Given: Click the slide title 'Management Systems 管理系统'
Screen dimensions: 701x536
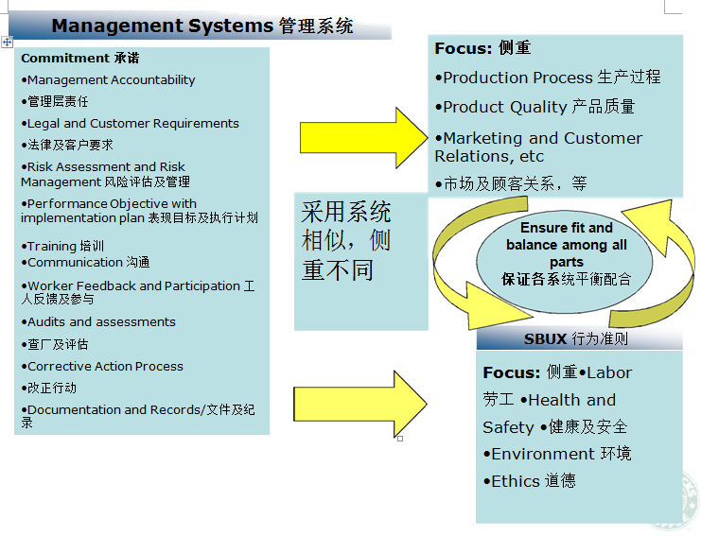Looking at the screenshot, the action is coord(202,26).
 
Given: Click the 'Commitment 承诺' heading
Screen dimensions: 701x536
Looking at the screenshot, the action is coord(80,58).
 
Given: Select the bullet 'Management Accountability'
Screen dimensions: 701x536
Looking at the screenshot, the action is coord(108,80).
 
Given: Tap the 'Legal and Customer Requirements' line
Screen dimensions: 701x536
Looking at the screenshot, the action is coord(131,123).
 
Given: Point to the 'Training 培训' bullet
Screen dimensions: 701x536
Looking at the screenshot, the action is coord(62,246).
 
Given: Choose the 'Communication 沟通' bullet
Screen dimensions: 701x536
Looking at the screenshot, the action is coord(85,262).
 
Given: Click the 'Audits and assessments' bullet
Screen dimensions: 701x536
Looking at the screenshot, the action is coord(98,322).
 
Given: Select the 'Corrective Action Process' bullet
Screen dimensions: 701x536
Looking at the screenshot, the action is coord(102,366).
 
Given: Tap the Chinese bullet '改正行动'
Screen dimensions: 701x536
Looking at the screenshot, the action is coord(49,388).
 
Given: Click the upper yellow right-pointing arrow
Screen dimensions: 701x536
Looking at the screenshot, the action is coord(363,138).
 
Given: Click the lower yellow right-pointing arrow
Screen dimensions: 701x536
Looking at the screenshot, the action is coord(359,404).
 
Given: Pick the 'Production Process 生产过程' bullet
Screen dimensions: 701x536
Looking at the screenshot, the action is coord(548,78).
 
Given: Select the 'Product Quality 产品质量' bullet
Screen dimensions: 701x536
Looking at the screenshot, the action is coord(535,107).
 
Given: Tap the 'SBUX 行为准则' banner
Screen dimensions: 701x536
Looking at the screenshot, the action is coord(579,339).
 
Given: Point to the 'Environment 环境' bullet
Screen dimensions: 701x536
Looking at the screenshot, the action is coord(557,454).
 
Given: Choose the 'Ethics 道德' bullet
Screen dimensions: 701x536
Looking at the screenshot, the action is coord(530,481).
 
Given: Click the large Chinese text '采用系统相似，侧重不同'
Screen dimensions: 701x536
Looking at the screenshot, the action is coord(346,241).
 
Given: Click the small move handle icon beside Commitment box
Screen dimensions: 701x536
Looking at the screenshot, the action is coord(8,43).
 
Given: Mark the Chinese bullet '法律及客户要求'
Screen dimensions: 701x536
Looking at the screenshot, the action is coord(67,145).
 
